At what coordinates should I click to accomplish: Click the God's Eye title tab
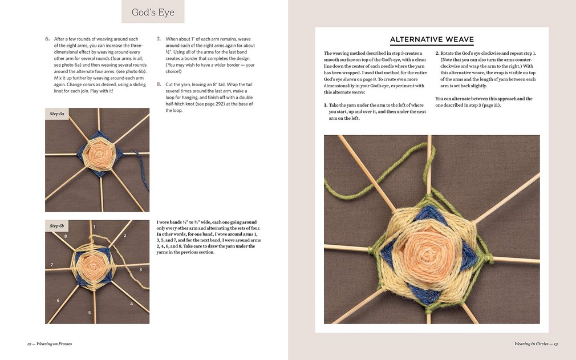(153, 13)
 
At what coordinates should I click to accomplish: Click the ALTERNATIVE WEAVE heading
(432, 39)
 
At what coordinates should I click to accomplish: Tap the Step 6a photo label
(57, 114)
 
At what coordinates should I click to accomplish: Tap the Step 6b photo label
(57, 226)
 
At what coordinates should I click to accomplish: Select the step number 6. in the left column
(47, 39)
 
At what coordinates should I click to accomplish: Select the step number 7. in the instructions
(159, 39)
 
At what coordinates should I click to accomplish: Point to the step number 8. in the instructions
(159, 84)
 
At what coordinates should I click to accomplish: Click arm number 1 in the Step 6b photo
(95, 228)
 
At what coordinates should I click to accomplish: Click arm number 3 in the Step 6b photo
(140, 269)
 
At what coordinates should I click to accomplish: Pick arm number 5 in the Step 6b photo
(89, 313)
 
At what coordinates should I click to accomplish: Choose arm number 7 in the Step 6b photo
(52, 265)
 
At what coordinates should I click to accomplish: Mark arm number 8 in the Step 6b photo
(66, 236)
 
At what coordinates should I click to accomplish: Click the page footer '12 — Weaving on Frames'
(49, 343)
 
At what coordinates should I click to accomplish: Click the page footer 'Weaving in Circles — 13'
(536, 343)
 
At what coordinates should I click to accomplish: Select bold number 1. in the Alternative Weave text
(326, 106)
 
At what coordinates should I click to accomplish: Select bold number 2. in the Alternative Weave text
(437, 53)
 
